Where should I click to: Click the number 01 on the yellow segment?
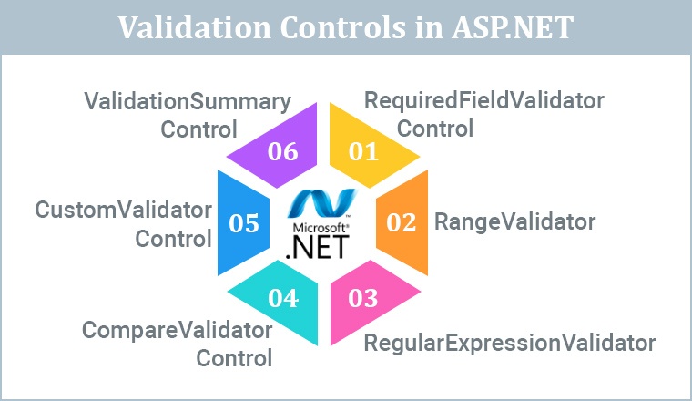(363, 151)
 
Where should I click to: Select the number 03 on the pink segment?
(363, 296)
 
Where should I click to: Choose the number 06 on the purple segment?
(283, 151)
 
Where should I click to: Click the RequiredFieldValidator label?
(483, 100)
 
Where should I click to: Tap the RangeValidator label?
(514, 221)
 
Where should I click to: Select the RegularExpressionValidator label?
(509, 343)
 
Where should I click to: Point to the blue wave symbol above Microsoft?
(323, 201)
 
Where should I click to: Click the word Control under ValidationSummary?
(198, 129)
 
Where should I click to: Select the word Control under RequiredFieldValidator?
(435, 129)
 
